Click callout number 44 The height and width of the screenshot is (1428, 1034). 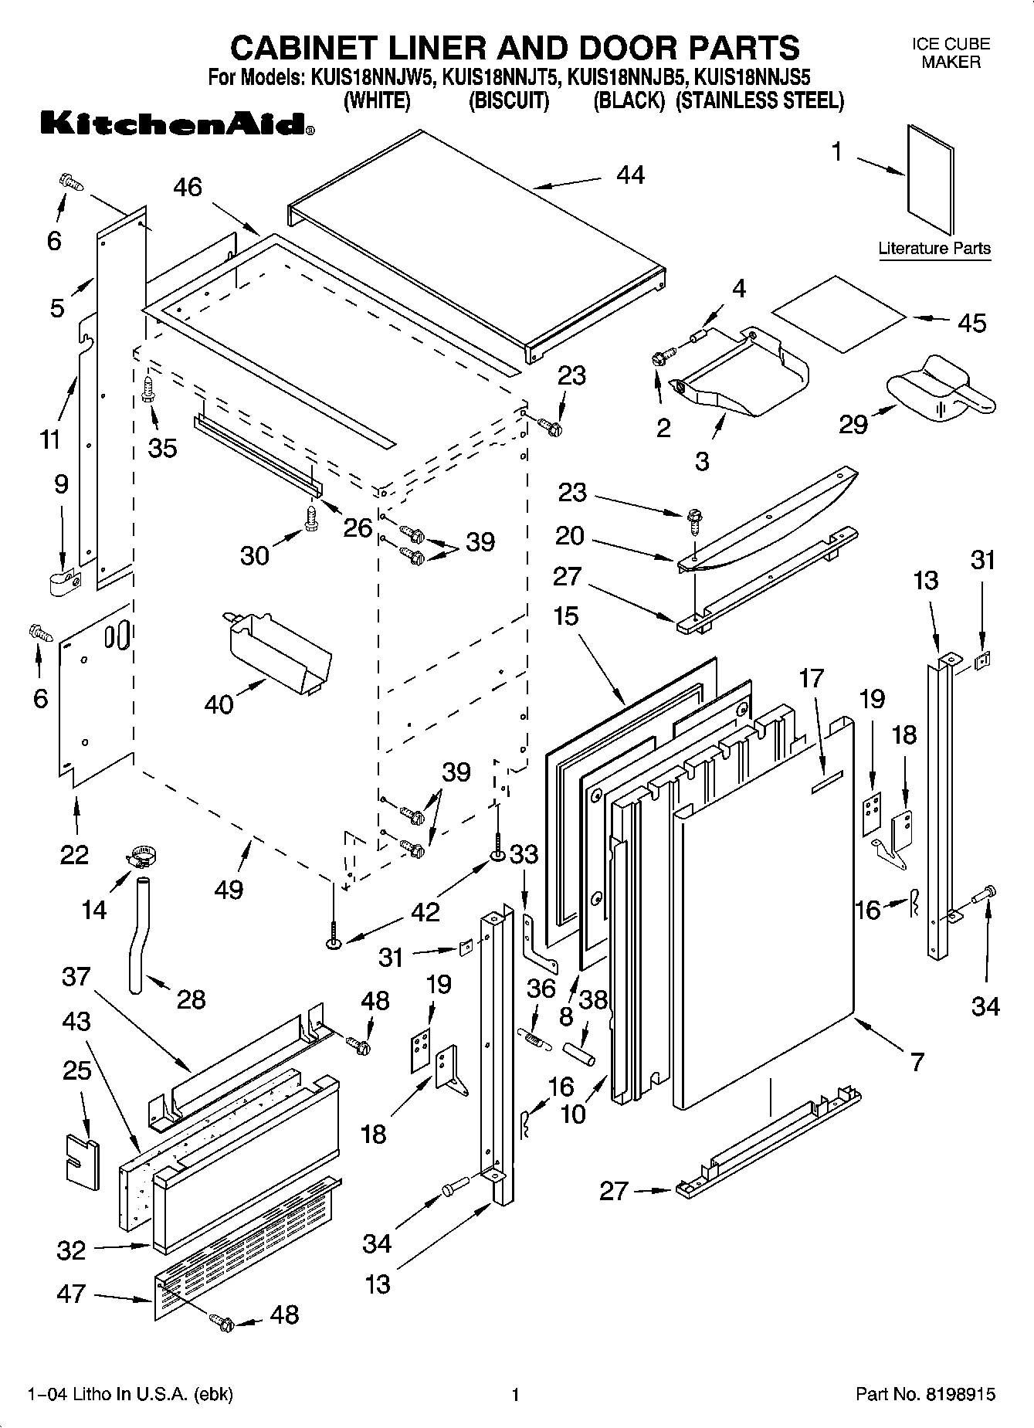pyautogui.click(x=630, y=175)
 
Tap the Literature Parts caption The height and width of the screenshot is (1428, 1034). pyautogui.click(x=934, y=249)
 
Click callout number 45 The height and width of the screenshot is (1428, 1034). pyautogui.click(x=971, y=322)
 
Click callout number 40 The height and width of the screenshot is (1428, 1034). pyautogui.click(x=219, y=704)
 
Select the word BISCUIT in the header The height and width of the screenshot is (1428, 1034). pyautogui.click(x=509, y=100)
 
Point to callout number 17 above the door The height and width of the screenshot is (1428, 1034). pyautogui.click(x=811, y=678)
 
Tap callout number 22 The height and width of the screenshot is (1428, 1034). pyautogui.click(x=74, y=854)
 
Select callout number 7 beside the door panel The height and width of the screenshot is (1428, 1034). pyautogui.click(x=916, y=1062)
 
